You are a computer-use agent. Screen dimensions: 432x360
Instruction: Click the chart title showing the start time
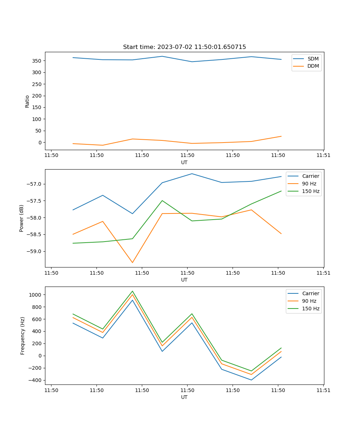point(184,47)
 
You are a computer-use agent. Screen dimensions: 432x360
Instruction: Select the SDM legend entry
point(312,59)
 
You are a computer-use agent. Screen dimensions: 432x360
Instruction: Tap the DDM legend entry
point(313,66)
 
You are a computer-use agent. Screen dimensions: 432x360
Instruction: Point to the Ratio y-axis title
point(27,101)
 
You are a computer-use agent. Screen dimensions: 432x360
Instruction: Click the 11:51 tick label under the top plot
point(323,156)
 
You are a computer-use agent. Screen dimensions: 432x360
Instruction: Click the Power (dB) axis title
point(22,218)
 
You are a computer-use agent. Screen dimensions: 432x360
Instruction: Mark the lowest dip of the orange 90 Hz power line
point(132,262)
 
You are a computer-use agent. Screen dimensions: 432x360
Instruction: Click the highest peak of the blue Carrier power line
point(192,174)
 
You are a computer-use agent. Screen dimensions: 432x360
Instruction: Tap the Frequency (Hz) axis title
point(22,336)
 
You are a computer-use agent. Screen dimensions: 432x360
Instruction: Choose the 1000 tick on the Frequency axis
point(36,295)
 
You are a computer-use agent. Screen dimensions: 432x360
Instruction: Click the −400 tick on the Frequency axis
point(35,380)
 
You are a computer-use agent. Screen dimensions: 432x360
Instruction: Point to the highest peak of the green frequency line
point(132,291)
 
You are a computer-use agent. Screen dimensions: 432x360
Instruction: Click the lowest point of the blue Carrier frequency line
point(251,380)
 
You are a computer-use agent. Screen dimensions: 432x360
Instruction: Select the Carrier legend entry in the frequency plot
point(310,293)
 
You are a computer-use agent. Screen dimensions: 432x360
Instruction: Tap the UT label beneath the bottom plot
point(184,397)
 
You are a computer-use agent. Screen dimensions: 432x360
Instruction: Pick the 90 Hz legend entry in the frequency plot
point(309,301)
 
